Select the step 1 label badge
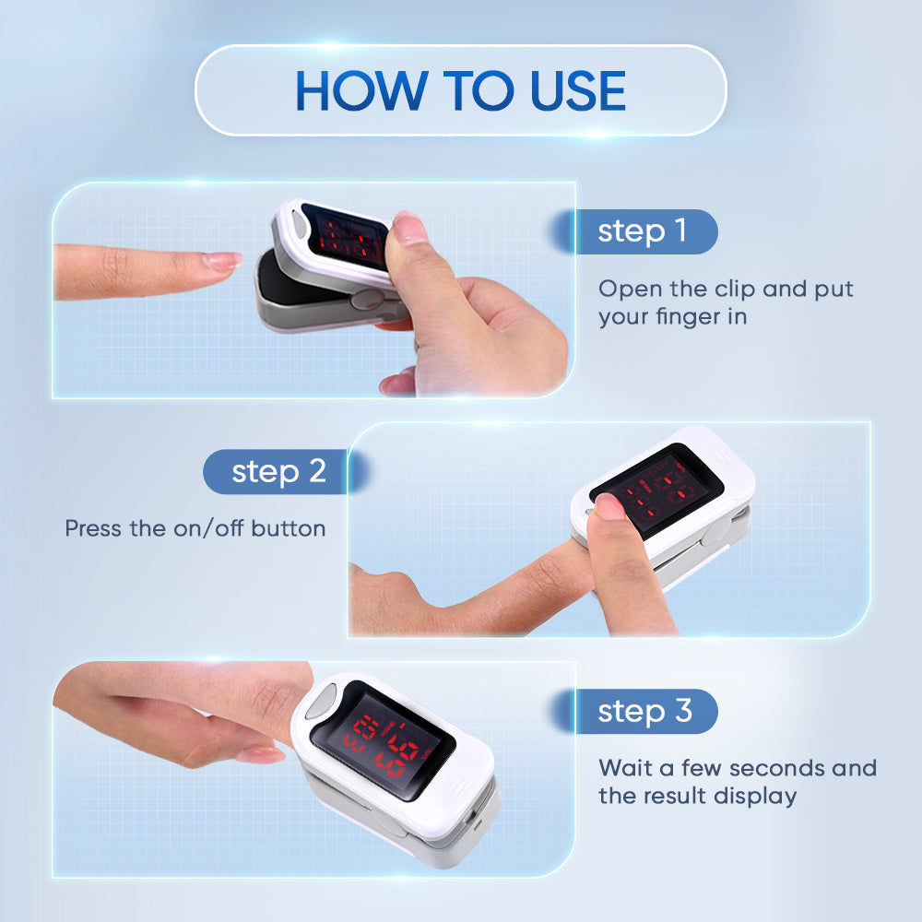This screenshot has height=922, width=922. tap(643, 231)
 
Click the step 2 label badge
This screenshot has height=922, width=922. tap(278, 471)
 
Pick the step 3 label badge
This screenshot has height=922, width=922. tap(643, 711)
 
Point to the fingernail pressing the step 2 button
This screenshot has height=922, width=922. tap(609, 504)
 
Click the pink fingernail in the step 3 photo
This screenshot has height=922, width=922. tap(260, 754)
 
